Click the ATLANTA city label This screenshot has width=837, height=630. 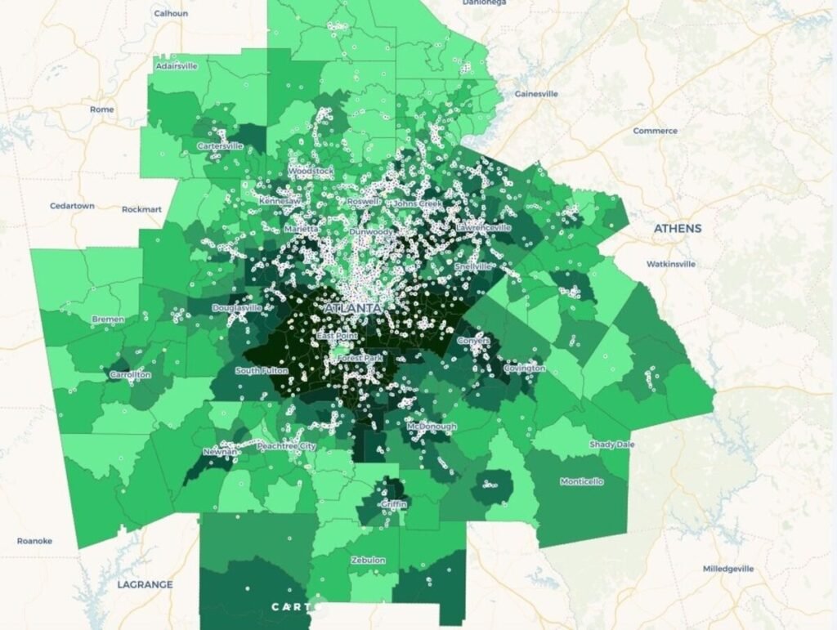352,308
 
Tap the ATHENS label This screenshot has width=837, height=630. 677,229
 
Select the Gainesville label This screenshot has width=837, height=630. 536,94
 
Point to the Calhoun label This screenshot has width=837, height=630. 171,13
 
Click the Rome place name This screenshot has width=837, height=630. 102,109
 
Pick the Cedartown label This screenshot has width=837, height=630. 72,206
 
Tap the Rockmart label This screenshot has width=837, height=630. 141,209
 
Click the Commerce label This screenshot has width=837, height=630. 655,131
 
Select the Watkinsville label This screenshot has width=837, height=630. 670,264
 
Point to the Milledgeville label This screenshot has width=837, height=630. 728,569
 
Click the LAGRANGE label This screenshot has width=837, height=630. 145,584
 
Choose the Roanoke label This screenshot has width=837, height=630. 34,541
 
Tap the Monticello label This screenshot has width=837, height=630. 581,481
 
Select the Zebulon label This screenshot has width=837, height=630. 368,561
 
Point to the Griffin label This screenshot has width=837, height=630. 393,504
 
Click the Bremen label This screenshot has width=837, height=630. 108,319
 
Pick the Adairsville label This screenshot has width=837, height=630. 177,66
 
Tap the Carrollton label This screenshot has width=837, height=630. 130,375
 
